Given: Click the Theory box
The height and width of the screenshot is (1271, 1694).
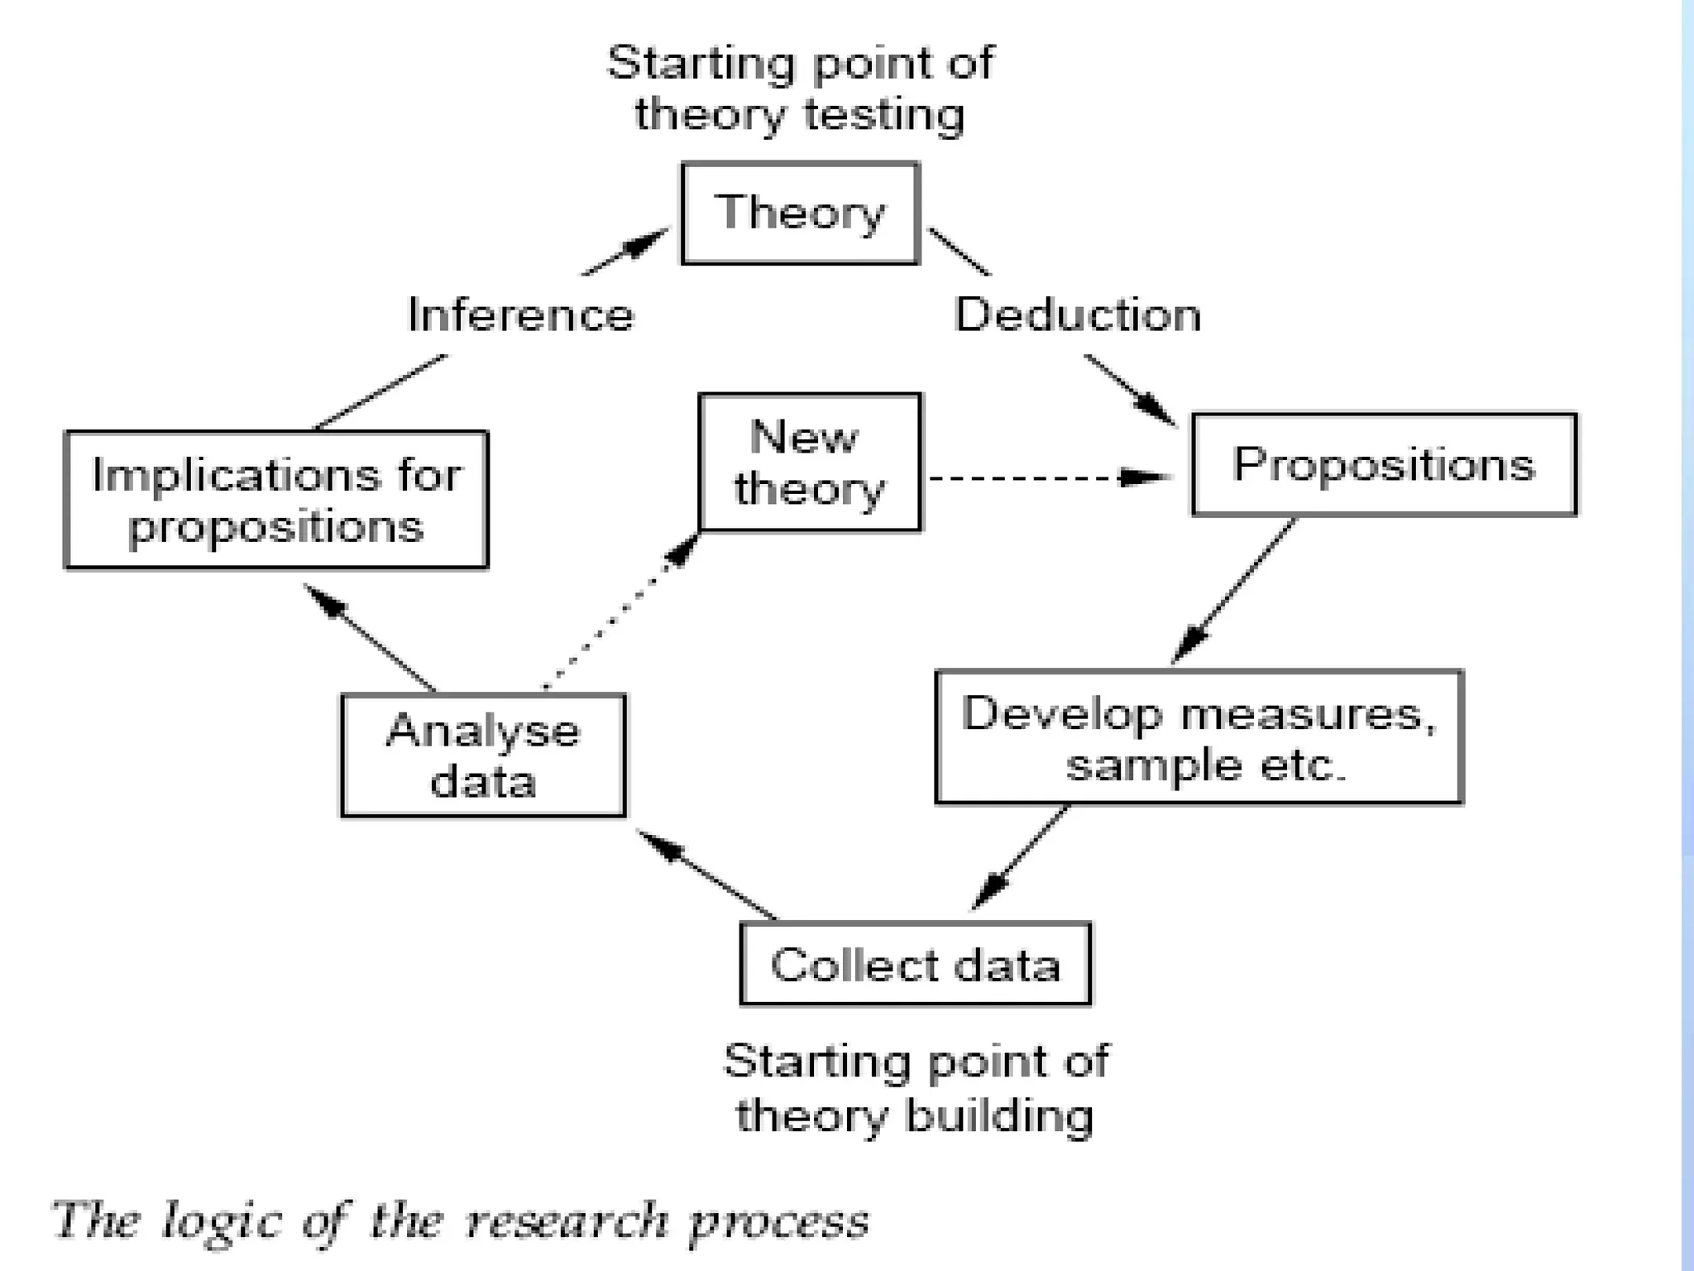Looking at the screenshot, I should [x=800, y=213].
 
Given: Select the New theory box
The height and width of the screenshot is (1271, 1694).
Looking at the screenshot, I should [x=809, y=462].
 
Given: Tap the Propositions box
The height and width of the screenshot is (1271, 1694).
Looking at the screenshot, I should [x=1383, y=464].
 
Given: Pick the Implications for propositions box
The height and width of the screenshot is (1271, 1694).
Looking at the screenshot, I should [x=275, y=500].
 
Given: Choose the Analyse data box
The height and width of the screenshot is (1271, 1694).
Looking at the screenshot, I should [x=483, y=755].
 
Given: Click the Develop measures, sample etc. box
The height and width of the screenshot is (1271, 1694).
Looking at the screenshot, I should [x=1199, y=736].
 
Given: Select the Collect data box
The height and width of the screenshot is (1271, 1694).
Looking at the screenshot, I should [x=915, y=964].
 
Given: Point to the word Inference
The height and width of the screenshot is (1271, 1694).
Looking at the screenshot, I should [x=521, y=315].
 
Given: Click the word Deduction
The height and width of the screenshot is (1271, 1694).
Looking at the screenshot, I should [x=1078, y=315].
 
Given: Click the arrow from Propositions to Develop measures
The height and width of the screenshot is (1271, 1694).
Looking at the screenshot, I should [x=1232, y=591].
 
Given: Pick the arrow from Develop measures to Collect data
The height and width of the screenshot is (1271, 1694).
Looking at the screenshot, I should [x=1019, y=857].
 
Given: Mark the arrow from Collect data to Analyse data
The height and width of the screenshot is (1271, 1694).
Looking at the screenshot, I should [x=707, y=875].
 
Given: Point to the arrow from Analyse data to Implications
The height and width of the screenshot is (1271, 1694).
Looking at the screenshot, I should [x=370, y=637].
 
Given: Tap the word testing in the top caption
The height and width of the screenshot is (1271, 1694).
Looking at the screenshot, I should [x=883, y=114].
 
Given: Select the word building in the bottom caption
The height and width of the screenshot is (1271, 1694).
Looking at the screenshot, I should [x=999, y=1115].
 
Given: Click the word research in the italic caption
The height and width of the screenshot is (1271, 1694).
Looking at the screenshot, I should [x=567, y=1221].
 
